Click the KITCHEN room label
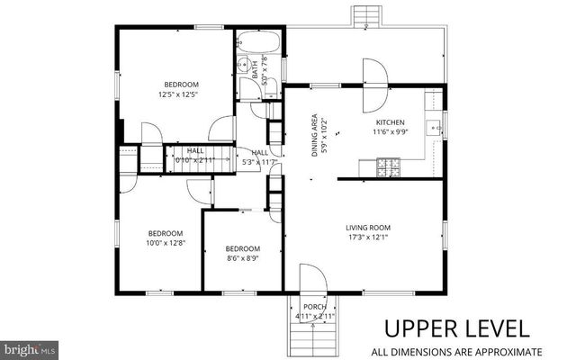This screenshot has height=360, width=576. pyautogui.click(x=391, y=122)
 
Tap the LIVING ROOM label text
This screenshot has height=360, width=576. pyautogui.click(x=368, y=228)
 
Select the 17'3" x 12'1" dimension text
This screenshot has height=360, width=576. pyautogui.click(x=368, y=238)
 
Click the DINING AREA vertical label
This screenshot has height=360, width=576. pyautogui.click(x=314, y=135)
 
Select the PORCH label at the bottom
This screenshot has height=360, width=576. pyautogui.click(x=314, y=307)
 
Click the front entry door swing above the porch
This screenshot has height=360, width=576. pyautogui.click(x=310, y=278)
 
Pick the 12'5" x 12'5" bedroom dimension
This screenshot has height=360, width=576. pyautogui.click(x=177, y=94)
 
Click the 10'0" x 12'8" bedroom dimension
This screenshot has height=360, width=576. pyautogui.click(x=166, y=242)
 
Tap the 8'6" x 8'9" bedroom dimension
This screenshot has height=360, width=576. pyautogui.click(x=243, y=259)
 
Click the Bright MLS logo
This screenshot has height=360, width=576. pyautogui.click(x=30, y=347)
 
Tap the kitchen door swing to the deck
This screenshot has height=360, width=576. pyautogui.click(x=374, y=73)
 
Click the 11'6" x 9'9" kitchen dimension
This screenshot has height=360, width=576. pyautogui.click(x=391, y=133)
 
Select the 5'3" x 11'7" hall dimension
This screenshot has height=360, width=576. pyautogui.click(x=260, y=162)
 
